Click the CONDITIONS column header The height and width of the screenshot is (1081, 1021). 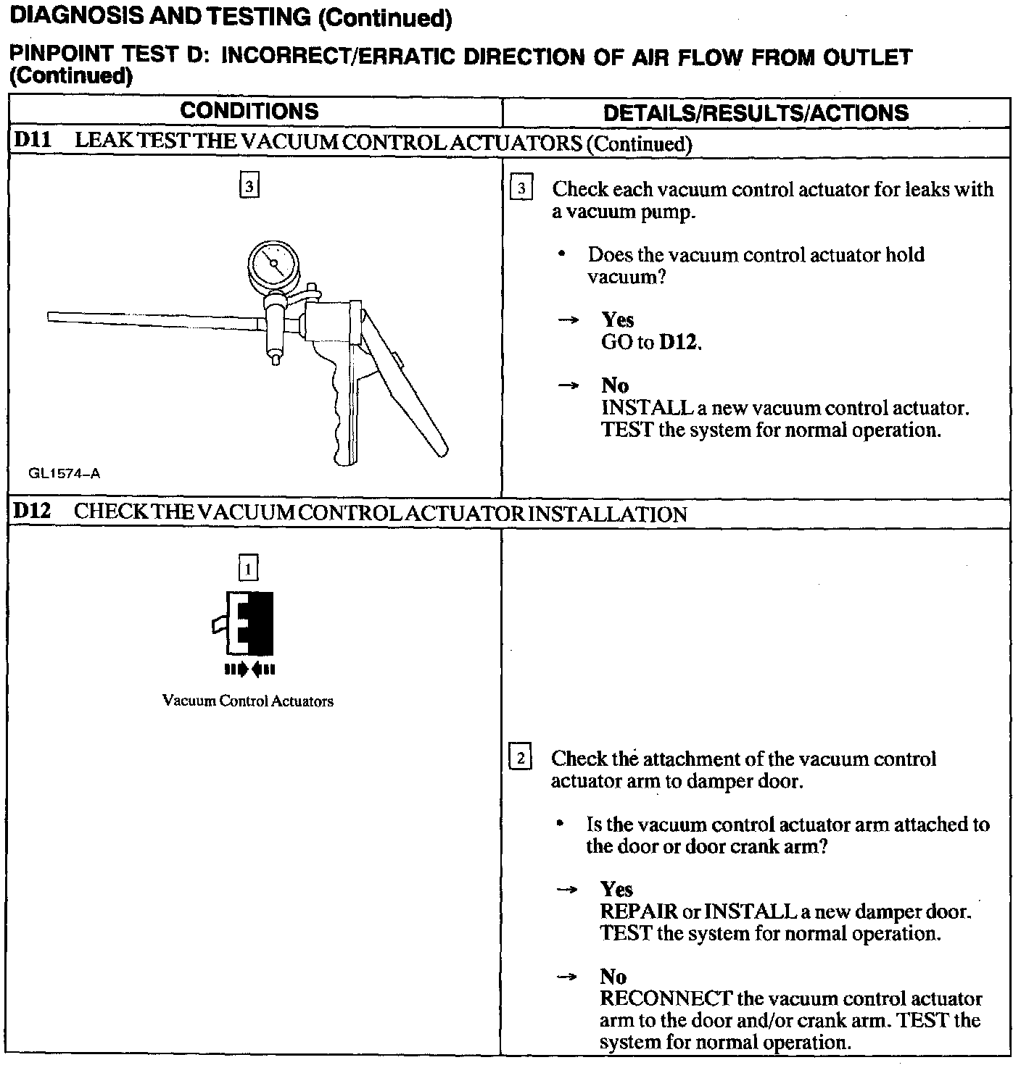click(x=249, y=111)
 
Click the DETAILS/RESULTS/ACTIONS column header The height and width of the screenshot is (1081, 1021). click(x=756, y=112)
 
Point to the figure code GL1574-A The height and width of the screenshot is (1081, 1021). click(x=65, y=474)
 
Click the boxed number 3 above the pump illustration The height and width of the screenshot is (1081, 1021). click(x=249, y=186)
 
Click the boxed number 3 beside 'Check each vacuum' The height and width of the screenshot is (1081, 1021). click(x=522, y=189)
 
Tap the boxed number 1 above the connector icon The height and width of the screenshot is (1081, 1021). click(x=248, y=568)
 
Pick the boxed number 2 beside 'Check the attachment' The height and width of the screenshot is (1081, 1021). click(x=521, y=759)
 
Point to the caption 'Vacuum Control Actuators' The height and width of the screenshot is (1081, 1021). click(x=248, y=701)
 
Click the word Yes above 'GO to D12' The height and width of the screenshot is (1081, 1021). click(x=618, y=320)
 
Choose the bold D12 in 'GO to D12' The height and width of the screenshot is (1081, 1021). click(x=679, y=342)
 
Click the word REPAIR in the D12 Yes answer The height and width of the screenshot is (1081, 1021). click(x=638, y=911)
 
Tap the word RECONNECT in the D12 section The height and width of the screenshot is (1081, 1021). click(x=666, y=998)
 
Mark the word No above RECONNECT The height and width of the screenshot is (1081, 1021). click(x=613, y=977)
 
